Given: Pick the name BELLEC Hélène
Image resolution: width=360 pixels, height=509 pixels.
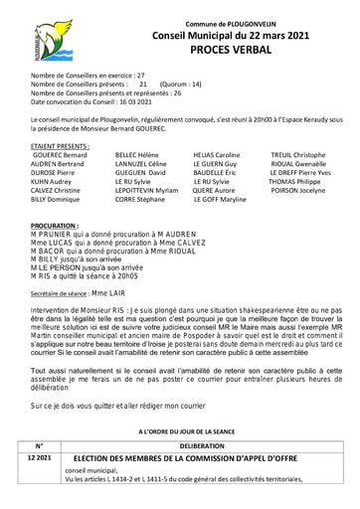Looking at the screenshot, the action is tap(138, 156).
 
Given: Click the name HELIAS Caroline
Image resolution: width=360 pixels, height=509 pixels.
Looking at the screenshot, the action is tap(217, 156).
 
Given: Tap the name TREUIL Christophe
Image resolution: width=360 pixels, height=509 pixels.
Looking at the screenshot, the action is tap(298, 156).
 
